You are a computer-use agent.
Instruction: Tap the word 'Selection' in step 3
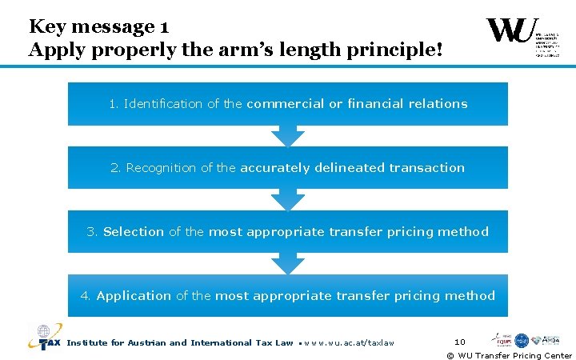(134, 232)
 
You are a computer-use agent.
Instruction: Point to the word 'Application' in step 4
(134, 296)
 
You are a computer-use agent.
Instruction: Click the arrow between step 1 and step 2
(288, 136)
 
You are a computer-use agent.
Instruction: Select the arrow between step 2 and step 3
(288, 200)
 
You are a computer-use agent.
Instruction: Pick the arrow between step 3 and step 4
(288, 264)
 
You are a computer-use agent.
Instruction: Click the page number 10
(460, 342)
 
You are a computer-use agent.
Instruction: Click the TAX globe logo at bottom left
(44, 338)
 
